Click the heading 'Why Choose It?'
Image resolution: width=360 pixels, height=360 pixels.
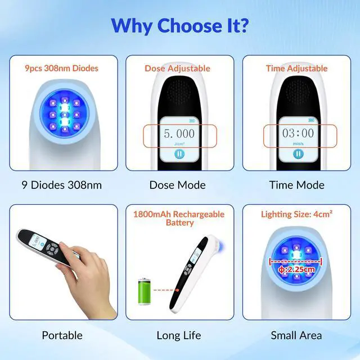pyautogui.click(x=179, y=25)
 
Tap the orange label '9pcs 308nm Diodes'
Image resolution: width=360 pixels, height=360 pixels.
pyautogui.click(x=62, y=69)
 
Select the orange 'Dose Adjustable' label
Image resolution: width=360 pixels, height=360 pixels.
pyautogui.click(x=178, y=69)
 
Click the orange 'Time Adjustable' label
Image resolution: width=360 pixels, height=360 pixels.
pyautogui.click(x=296, y=69)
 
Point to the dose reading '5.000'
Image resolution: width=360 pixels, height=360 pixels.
pyautogui.click(x=179, y=134)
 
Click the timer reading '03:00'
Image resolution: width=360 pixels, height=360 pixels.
pyautogui.click(x=298, y=134)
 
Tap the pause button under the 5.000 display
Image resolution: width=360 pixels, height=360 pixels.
pyautogui.click(x=179, y=155)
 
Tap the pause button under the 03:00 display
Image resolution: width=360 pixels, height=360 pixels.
pyautogui.click(x=297, y=155)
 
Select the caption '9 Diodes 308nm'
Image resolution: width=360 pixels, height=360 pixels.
pyautogui.click(x=62, y=185)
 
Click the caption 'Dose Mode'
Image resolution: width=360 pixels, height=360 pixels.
pyautogui.click(x=178, y=185)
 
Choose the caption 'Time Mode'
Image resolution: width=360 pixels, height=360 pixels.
pyautogui.click(x=296, y=185)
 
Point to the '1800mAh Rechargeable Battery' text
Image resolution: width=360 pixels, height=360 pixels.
pyautogui.click(x=178, y=218)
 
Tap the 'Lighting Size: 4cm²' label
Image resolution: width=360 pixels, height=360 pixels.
pyautogui.click(x=296, y=214)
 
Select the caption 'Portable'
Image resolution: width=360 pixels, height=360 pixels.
pyautogui.click(x=62, y=335)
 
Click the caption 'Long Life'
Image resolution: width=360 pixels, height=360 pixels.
pyautogui.click(x=179, y=335)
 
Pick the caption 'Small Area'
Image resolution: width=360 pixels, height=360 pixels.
pyautogui.click(x=296, y=335)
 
